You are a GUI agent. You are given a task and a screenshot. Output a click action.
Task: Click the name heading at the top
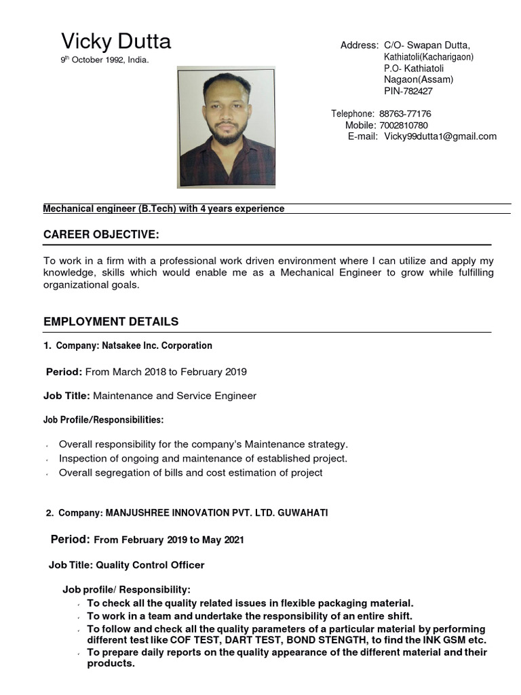pyautogui.click(x=116, y=42)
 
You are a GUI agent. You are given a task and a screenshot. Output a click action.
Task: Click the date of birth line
pyautogui.click(x=104, y=60)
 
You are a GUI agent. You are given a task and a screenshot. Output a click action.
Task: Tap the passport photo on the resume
pyautogui.click(x=226, y=128)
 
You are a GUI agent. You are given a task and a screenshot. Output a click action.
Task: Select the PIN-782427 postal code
pyautogui.click(x=408, y=91)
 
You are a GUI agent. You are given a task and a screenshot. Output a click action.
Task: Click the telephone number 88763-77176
pyautogui.click(x=405, y=113)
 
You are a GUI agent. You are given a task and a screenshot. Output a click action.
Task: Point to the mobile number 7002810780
pyautogui.click(x=404, y=125)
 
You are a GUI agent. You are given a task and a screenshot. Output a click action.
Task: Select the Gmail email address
pyautogui.click(x=440, y=136)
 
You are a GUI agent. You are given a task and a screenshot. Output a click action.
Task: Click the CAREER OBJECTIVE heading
pyautogui.click(x=101, y=235)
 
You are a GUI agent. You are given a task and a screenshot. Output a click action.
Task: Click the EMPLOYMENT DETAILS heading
pyautogui.click(x=111, y=322)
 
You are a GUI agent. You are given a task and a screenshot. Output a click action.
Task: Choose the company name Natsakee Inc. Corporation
pyautogui.click(x=157, y=345)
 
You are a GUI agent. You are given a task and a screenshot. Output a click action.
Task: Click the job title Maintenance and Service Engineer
pyautogui.click(x=174, y=396)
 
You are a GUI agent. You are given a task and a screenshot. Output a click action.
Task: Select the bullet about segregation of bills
pyautogui.click(x=191, y=472)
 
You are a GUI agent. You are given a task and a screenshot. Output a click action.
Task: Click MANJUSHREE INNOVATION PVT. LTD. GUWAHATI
pyautogui.click(x=216, y=513)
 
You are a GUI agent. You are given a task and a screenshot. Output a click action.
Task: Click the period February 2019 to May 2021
pyautogui.click(x=168, y=540)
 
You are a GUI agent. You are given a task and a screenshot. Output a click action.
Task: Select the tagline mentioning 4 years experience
pyautogui.click(x=163, y=209)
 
